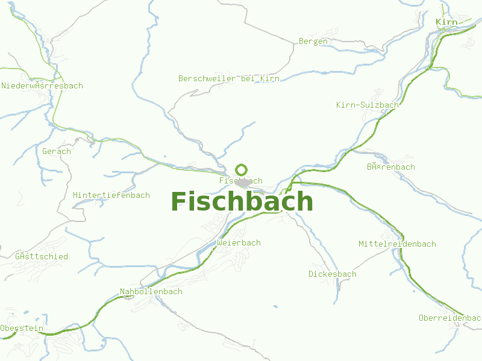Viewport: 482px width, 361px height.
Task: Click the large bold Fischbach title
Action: (242, 202)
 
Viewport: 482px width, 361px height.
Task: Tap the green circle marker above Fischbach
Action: (241, 170)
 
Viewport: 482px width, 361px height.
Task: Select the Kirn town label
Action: (446, 22)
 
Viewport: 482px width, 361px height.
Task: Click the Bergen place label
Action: (313, 42)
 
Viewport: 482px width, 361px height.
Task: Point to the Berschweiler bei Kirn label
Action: (228, 79)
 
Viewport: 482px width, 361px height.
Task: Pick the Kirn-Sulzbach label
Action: (367, 105)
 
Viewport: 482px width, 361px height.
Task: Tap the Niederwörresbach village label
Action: (42, 86)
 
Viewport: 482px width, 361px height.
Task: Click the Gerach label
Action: (57, 152)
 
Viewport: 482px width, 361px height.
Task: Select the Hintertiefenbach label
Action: (111, 196)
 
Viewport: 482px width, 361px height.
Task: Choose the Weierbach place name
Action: (239, 243)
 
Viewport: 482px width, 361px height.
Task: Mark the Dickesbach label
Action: (332, 274)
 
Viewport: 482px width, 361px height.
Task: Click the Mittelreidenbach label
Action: (397, 244)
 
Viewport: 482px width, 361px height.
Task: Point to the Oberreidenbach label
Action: (449, 318)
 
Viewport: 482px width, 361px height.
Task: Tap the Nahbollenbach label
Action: (151, 292)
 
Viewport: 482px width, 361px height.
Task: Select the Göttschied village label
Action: (42, 257)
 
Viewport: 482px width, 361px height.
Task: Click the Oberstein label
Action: (22, 329)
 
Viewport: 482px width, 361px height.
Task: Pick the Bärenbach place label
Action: (390, 167)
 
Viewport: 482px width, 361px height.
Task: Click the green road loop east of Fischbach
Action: (295, 184)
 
